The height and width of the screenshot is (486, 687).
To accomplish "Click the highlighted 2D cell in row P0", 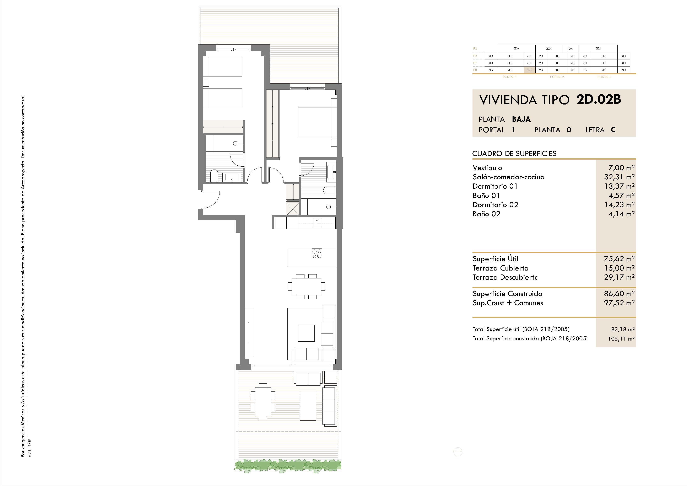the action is [x=529, y=70].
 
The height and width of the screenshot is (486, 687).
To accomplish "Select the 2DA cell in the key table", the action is [x=548, y=48].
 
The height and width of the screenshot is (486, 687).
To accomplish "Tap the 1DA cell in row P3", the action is [x=570, y=48].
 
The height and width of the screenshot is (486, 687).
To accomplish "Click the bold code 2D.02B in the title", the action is [x=599, y=99].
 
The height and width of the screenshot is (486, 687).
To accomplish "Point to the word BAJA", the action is [x=521, y=119].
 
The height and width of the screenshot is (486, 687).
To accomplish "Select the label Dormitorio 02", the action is [x=495, y=205].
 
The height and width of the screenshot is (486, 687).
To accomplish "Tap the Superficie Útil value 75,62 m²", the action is [x=619, y=258].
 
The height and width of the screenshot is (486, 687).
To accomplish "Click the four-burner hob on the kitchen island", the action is [x=317, y=254].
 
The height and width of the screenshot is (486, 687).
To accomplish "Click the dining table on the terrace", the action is [x=263, y=402].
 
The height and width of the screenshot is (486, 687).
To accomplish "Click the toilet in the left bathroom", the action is [x=214, y=176].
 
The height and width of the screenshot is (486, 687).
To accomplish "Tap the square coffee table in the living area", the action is [x=306, y=333].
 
